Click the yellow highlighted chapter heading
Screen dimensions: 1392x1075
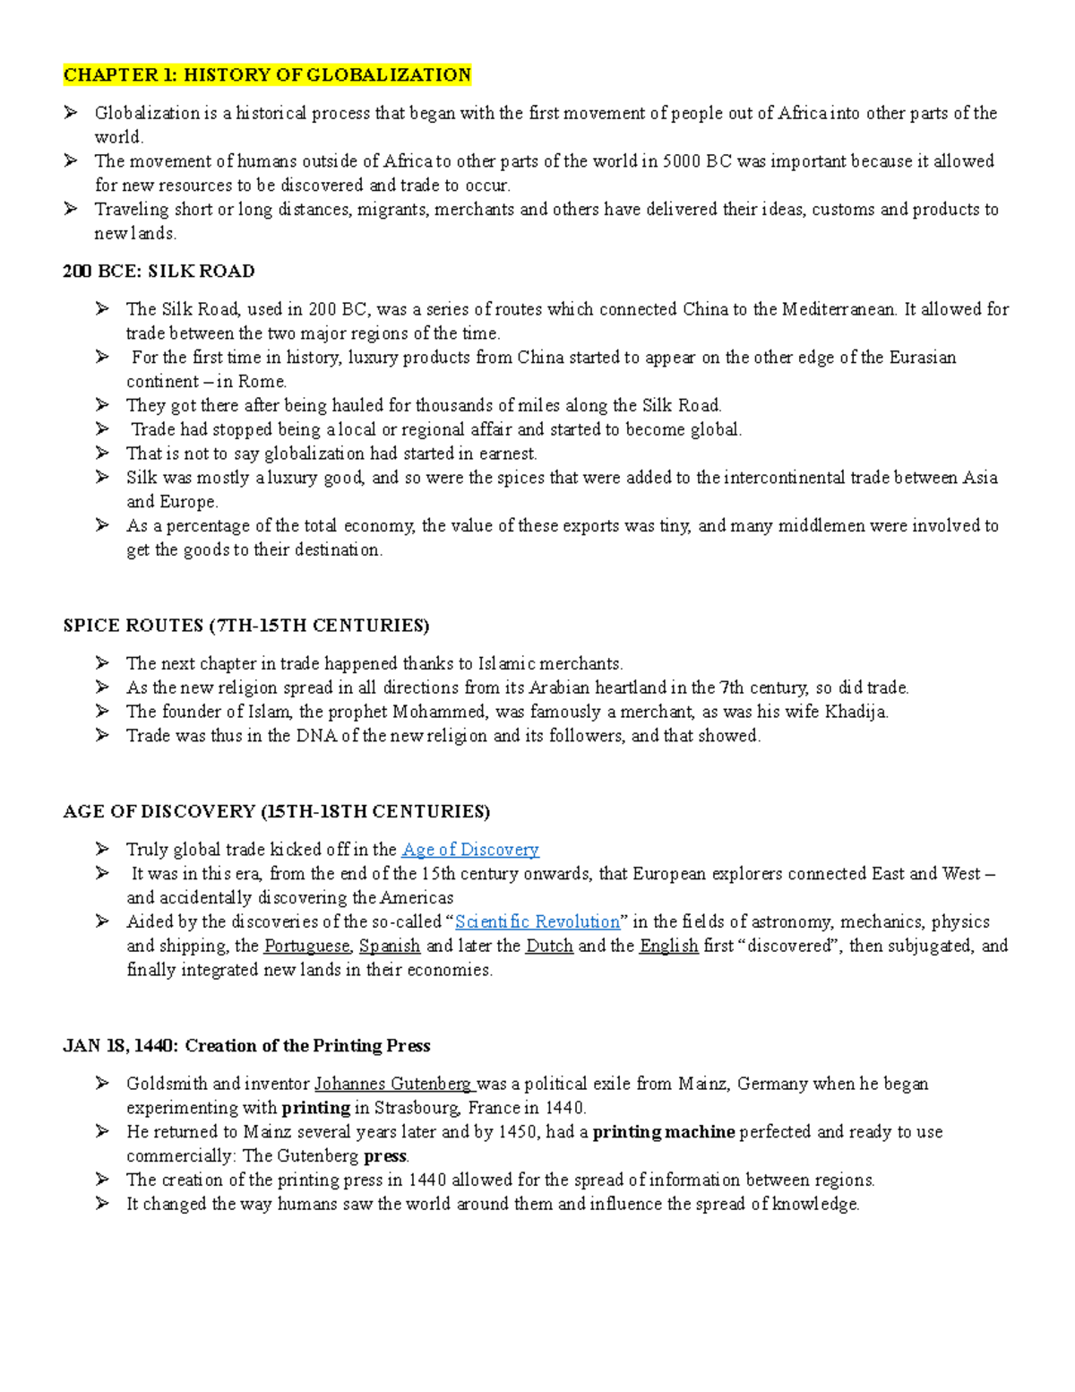point(267,74)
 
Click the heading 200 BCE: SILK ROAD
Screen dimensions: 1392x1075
point(159,271)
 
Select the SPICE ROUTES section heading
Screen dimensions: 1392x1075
point(246,625)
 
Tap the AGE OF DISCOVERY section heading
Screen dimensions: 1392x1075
point(277,811)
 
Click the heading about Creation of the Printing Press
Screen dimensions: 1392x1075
point(246,1046)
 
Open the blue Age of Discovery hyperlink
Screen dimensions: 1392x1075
point(470,850)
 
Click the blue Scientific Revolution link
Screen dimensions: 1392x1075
point(537,921)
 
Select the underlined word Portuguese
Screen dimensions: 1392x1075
point(306,946)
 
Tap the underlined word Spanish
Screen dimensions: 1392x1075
point(390,946)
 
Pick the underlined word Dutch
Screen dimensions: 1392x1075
point(549,946)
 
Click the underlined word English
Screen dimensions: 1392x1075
point(668,946)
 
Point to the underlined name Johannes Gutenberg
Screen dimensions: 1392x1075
point(392,1084)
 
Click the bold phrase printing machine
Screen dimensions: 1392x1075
point(664,1132)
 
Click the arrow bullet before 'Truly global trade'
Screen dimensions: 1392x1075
point(102,849)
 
